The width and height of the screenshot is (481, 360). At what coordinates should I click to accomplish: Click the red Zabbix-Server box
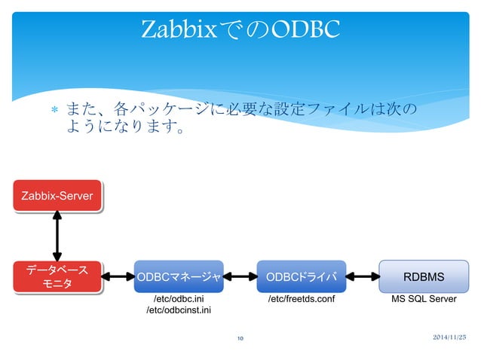point(57,196)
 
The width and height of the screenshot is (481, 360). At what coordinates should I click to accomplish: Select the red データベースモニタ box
point(57,276)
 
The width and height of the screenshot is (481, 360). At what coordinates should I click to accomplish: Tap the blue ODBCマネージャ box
point(178,277)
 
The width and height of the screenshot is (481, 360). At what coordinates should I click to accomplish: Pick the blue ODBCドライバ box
point(301,277)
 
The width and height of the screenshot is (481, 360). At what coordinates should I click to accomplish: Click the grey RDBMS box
point(423,277)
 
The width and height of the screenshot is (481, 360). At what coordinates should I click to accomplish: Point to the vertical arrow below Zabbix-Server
point(57,234)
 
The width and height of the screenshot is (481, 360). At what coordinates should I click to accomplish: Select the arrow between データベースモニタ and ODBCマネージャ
point(118,276)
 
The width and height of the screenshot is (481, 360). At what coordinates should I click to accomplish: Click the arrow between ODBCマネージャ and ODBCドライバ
point(240,276)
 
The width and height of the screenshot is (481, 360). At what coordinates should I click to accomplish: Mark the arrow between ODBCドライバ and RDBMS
point(363,276)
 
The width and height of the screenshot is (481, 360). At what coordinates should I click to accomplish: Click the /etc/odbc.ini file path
point(178,299)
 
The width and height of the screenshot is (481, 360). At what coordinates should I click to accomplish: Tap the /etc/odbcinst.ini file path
point(178,310)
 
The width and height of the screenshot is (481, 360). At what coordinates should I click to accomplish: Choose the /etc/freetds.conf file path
point(301,299)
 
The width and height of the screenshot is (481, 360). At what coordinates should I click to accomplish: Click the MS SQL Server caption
point(423,299)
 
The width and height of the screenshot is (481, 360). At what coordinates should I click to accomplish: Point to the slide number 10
point(240,338)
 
